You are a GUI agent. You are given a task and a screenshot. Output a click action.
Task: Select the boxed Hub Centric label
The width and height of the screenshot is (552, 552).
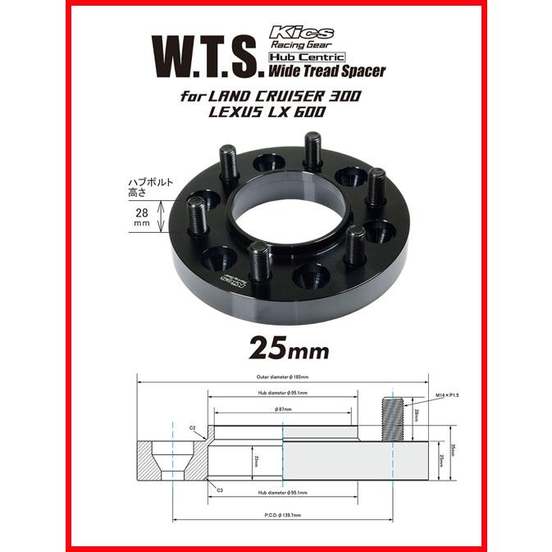click(x=303, y=57)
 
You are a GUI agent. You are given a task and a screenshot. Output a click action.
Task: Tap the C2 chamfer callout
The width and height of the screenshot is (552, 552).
click(x=191, y=427)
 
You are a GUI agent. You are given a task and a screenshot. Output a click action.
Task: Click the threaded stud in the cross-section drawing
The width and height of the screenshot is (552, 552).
click(x=393, y=417)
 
